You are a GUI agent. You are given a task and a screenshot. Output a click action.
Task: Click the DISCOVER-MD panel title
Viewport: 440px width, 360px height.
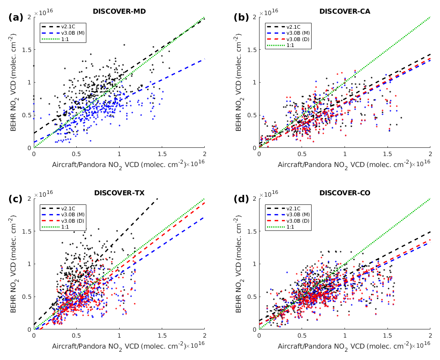[x=119, y=11]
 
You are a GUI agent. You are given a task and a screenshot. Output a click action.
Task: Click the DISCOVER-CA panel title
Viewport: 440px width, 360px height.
[x=345, y=11]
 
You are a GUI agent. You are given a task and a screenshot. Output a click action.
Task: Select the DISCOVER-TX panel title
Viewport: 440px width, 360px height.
[x=119, y=193]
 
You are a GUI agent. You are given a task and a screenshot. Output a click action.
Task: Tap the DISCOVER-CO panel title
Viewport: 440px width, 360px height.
[x=345, y=193]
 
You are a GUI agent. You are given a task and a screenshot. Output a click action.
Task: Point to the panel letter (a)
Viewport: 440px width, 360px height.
[x=16, y=17]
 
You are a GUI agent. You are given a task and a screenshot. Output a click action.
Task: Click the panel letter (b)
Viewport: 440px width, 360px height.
[x=241, y=17]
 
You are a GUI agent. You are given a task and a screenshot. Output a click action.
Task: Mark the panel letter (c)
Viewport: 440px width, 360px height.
[x=16, y=199]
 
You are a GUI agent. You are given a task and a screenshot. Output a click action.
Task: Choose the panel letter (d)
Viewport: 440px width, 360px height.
[x=241, y=199]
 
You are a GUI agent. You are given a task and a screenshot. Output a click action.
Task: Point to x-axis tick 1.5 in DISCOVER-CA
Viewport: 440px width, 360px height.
[x=387, y=154]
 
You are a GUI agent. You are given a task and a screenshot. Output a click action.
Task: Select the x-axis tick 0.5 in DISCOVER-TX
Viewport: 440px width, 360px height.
[x=76, y=336]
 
